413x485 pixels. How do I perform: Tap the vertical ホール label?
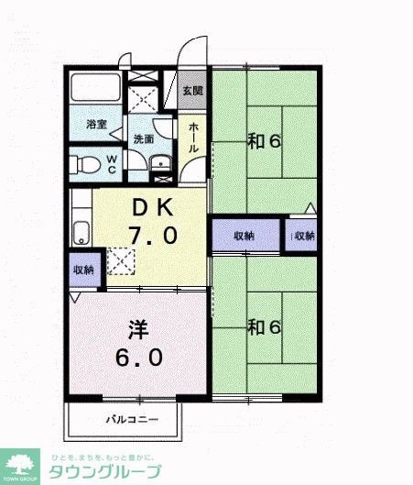(194, 138)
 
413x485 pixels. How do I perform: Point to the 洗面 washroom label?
(144, 138)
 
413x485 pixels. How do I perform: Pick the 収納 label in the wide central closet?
(244, 236)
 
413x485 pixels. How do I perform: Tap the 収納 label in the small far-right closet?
(304, 236)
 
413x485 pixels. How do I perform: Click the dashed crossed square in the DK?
(120, 260)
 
